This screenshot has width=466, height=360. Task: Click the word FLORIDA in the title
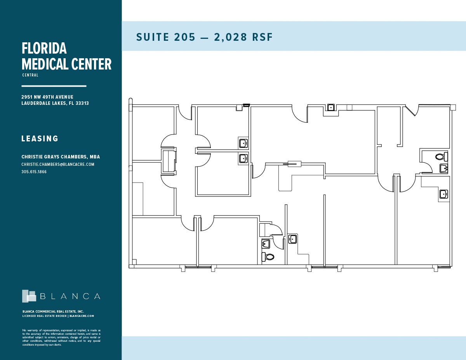[44, 49]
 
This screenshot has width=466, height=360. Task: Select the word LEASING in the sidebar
[40, 139]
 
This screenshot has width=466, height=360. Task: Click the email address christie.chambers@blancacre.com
[58, 164]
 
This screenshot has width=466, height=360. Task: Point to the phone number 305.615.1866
[34, 172]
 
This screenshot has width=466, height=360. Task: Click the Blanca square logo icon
[29, 296]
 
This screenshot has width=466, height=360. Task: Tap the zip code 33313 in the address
[82, 103]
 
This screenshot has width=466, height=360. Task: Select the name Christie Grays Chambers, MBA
[61, 157]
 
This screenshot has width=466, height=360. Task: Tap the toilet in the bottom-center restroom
[268, 257]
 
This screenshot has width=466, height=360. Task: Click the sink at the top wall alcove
[331, 108]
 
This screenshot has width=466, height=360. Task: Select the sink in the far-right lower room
[443, 194]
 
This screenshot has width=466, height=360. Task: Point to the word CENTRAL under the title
[30, 75]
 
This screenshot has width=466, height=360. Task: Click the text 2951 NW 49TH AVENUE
[47, 97]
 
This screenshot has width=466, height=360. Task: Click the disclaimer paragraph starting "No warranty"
[61, 337]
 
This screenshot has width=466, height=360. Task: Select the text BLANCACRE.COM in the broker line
[82, 316]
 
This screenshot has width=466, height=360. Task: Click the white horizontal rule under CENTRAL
[54, 86]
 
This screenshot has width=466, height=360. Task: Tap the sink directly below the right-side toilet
[443, 169]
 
